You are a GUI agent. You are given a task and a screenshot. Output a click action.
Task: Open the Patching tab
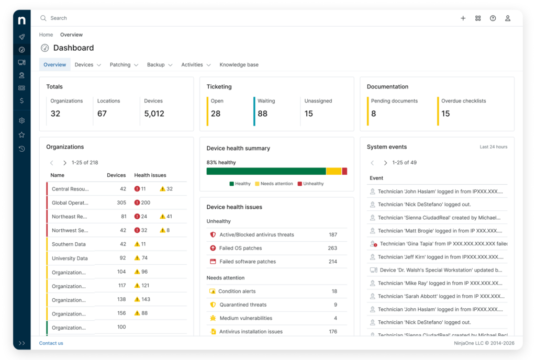click(120, 65)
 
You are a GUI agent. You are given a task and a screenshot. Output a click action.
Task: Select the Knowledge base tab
click(239, 65)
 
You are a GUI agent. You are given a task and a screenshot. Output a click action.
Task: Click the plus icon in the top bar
click(463, 18)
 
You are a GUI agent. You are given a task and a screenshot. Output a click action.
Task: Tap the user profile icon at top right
click(507, 18)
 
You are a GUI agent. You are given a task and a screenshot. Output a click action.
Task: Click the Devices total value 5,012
click(154, 114)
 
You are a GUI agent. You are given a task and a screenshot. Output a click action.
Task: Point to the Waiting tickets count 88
click(262, 114)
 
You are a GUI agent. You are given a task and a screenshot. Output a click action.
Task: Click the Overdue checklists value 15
click(445, 114)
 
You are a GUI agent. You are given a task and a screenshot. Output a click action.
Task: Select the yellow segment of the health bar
click(333, 171)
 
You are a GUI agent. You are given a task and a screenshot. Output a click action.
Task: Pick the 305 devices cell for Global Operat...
click(121, 203)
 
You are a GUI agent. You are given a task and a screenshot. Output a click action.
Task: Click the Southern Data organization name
click(70, 244)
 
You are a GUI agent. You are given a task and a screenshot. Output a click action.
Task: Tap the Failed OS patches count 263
click(332, 248)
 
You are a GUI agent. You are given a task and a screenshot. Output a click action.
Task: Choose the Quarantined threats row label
click(243, 305)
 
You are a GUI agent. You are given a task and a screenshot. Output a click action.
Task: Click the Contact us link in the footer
click(51, 343)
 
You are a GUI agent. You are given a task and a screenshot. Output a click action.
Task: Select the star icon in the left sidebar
click(21, 134)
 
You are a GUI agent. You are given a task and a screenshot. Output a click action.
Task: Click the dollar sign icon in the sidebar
click(21, 100)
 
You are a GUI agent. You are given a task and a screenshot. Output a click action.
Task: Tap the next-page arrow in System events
click(385, 163)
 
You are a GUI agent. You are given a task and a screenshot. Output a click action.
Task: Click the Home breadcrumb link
click(46, 35)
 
